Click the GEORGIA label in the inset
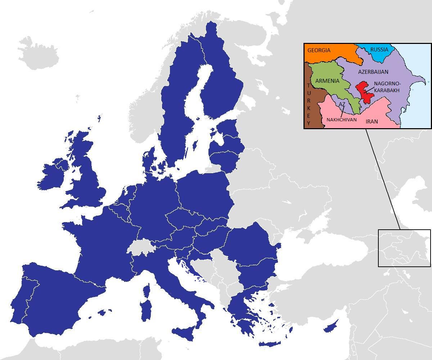coord(319,50)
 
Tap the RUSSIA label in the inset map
coord(379,50)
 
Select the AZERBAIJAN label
coord(373,72)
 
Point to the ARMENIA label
coord(327,81)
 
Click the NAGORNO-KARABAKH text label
coord(387,87)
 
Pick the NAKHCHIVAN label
coord(341,120)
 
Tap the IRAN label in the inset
coord(372,122)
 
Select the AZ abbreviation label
coord(342,104)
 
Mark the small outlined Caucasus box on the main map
coord(404,248)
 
